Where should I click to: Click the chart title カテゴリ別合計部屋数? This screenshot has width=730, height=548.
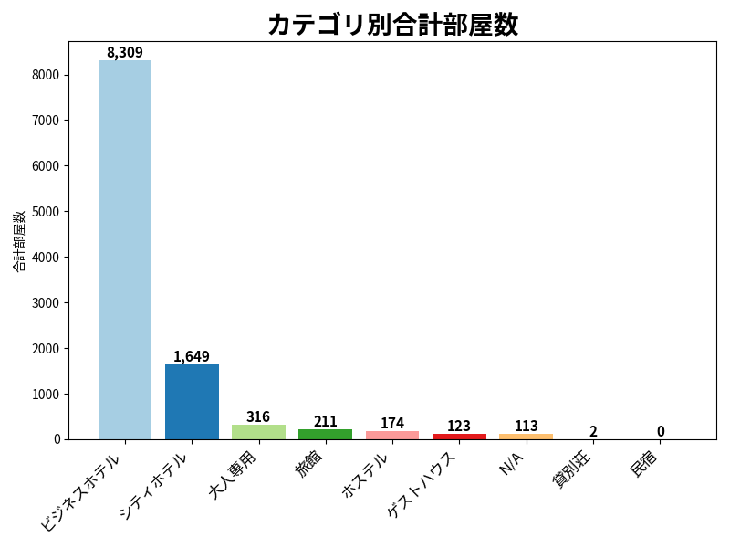coord(393,25)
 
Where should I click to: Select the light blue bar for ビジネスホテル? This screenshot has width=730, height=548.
coord(125,249)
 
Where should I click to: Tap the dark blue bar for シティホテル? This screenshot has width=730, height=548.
coord(192,402)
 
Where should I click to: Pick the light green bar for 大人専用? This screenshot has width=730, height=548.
coord(258,432)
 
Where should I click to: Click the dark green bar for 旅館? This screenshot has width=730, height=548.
coord(326,435)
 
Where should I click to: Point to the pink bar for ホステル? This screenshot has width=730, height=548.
coord(392,436)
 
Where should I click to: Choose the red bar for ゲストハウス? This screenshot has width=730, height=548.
coord(460,437)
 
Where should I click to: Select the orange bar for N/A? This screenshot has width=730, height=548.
coord(527,437)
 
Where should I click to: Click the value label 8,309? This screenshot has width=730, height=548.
coord(125,52)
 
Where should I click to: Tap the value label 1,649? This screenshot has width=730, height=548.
coord(192,356)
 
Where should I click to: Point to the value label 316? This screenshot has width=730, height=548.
coord(258,416)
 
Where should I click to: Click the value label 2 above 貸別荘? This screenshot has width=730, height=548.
coord(593,431)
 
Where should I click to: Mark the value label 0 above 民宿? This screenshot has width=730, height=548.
coord(661,431)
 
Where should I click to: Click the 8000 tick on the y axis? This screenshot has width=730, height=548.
coord(46,75)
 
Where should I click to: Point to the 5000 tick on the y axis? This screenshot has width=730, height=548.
coord(46,212)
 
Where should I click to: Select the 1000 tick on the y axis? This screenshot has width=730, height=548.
coord(46,395)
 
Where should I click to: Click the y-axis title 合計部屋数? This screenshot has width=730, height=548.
coord(19,240)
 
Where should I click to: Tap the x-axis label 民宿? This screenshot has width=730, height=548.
coord(644,464)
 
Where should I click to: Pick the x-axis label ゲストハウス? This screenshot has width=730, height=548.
coord(421,485)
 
